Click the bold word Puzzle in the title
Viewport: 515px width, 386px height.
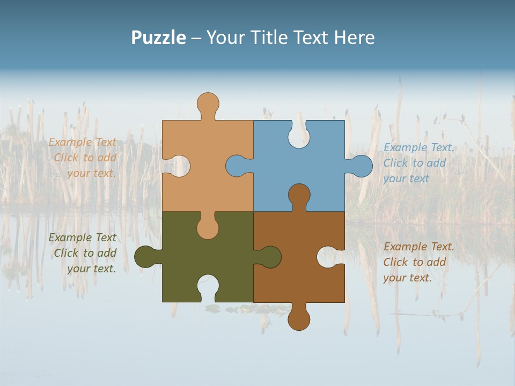click(158, 38)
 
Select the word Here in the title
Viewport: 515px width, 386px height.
click(354, 38)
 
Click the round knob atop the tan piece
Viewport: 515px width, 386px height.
click(208, 103)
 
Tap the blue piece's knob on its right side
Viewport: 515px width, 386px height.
click(361, 166)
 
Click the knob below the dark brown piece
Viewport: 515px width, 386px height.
click(299, 319)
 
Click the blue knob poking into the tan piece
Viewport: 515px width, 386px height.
click(237, 166)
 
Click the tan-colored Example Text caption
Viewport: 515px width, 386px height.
click(83, 158)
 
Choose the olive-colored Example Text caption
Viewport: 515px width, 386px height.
click(83, 253)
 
